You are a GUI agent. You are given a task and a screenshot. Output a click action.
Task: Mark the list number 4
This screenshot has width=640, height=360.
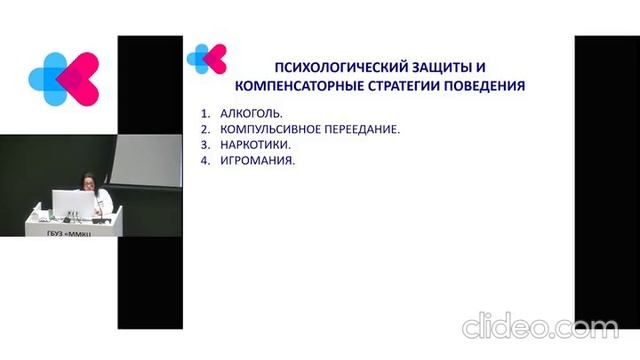click(204, 160)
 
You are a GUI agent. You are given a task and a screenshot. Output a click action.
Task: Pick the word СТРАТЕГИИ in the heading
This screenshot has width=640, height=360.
click(406, 86)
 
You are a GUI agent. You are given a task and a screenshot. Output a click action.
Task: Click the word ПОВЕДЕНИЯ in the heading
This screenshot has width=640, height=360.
click(487, 86)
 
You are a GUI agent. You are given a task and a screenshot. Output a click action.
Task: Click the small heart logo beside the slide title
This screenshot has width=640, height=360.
click(207, 59)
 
